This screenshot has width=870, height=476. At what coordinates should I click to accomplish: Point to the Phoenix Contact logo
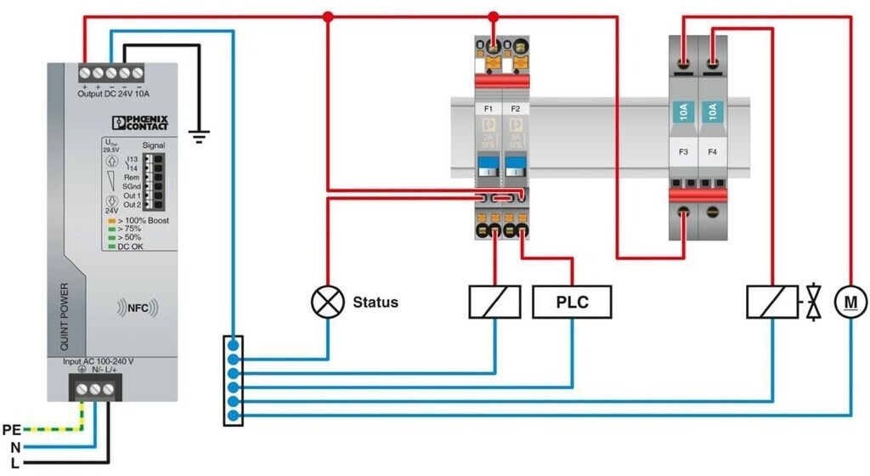[x=141, y=122]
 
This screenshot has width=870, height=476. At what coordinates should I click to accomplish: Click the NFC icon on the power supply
[x=137, y=305]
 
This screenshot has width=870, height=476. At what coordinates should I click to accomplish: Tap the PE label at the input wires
[x=12, y=429]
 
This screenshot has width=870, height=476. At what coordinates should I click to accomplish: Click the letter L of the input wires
[x=15, y=462]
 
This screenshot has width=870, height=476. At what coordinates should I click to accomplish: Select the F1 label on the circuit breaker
[x=489, y=109]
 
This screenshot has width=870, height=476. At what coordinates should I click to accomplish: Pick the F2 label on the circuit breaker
[x=514, y=109]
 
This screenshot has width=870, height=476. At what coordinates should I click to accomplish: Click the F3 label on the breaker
[x=685, y=153]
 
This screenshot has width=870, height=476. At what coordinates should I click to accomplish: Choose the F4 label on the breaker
[x=712, y=153]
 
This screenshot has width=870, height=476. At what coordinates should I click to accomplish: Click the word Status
[x=375, y=303]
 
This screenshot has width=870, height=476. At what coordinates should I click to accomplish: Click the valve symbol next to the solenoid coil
[x=815, y=302]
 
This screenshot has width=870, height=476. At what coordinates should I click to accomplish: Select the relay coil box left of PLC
[x=494, y=302]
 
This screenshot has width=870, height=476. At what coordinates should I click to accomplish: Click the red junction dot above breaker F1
[x=494, y=15]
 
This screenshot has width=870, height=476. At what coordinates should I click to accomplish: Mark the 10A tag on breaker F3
[x=684, y=111]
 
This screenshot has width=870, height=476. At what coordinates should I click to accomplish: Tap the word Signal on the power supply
[x=154, y=145]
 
